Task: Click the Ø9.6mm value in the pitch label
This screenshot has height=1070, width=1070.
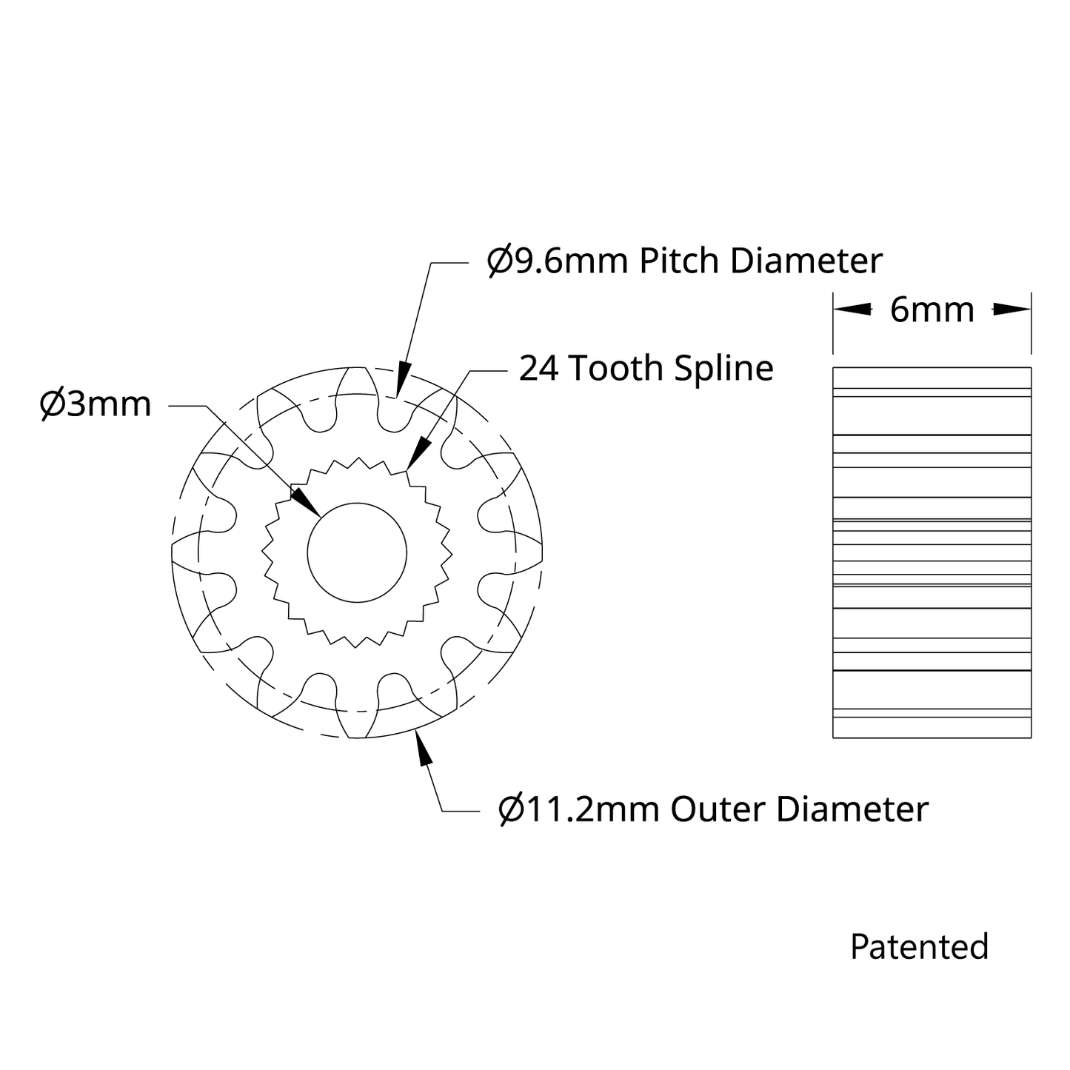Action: point(558,261)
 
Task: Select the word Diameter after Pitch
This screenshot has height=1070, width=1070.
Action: point(806,261)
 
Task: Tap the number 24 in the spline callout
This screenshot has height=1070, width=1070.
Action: point(538,368)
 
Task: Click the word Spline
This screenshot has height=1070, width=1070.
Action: point(723,370)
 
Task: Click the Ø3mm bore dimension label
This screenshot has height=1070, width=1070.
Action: point(96,404)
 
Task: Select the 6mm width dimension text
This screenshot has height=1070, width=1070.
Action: point(932,310)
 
